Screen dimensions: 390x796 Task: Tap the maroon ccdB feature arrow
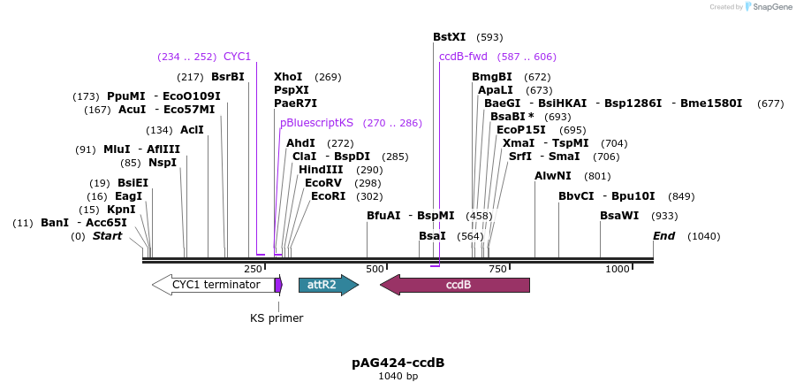point(455,285)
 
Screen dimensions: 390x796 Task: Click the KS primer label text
point(277,318)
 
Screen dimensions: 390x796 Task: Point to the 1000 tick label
point(618,269)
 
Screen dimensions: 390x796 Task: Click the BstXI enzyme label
point(449,37)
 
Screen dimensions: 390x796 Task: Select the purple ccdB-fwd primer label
point(463,57)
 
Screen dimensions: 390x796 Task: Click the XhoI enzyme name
point(288,77)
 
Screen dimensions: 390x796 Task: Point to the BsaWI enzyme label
point(619,216)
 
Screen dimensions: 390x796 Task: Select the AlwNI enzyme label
point(553,176)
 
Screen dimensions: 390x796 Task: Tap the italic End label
point(663,236)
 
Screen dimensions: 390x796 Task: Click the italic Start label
point(107,236)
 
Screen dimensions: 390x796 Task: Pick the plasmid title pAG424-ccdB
point(398,363)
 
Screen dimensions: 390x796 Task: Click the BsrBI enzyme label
point(228,77)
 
